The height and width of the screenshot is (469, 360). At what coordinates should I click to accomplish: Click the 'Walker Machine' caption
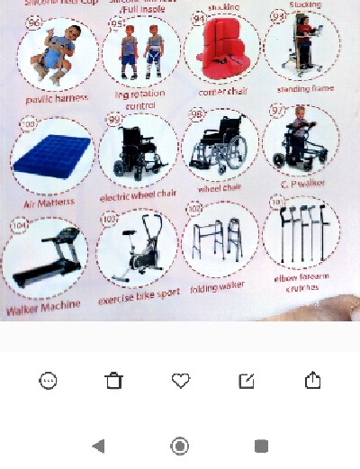42,305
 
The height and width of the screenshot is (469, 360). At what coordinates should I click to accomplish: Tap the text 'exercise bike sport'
139,295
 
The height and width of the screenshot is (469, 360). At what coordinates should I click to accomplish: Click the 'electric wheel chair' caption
139,194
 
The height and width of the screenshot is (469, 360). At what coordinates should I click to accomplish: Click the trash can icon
113,381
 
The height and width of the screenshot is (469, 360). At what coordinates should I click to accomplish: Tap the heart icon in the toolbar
181,381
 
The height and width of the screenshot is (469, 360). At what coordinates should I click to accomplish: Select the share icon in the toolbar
313,380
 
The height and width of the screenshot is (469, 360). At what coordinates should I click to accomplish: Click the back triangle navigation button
99,446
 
